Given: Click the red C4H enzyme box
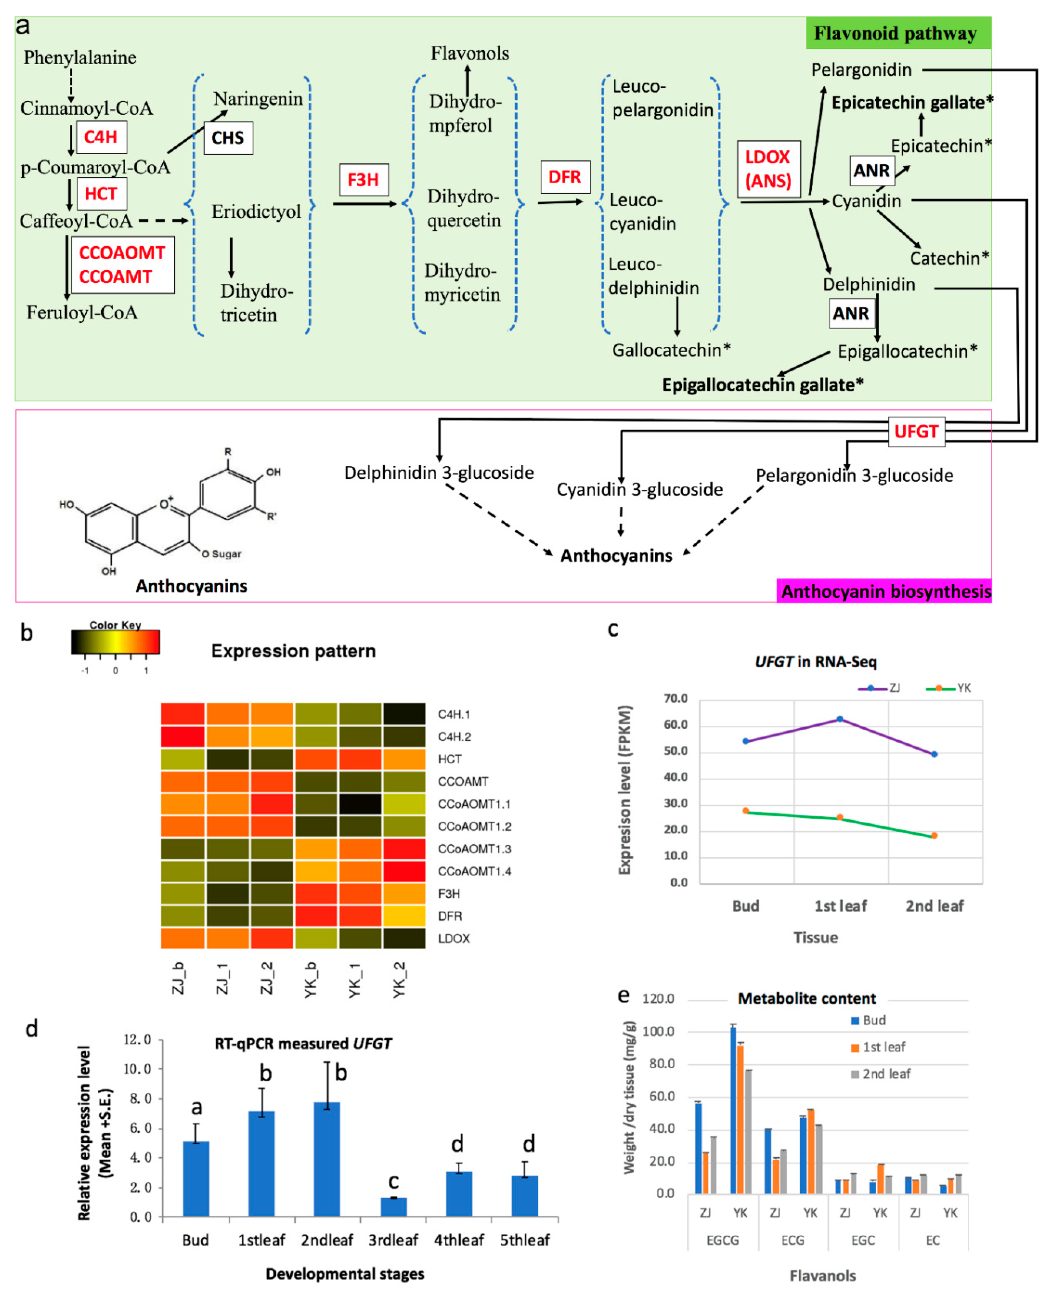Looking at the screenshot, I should pos(101,137).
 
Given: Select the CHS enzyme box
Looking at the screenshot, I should pos(228,138).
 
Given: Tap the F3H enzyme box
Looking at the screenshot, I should pos(363,179).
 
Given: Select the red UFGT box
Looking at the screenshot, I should pos(916,431).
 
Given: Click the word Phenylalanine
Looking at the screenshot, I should pos(80,57).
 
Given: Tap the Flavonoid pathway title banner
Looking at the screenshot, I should pos(897,33).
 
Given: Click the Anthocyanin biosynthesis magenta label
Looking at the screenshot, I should pos(885,591).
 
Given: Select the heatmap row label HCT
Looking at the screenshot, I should pos(449,759).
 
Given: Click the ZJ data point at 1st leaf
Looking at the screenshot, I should pos(839,719).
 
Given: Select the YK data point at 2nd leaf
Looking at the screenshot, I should pos(934,835).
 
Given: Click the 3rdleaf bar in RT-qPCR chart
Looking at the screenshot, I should pos(393,1206).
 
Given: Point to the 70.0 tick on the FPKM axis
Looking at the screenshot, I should pos(676,699).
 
